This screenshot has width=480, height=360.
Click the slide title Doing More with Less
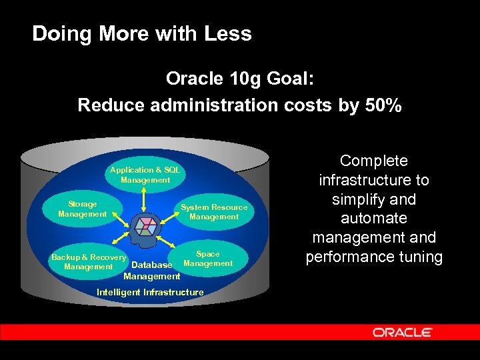click(141, 33)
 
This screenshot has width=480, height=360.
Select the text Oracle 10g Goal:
click(239, 79)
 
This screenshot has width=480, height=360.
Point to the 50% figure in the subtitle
click(383, 105)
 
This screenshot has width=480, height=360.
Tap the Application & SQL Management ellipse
click(145, 175)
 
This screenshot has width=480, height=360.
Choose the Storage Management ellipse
click(83, 209)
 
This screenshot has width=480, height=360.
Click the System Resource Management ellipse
click(213, 212)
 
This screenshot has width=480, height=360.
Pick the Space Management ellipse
click(207, 259)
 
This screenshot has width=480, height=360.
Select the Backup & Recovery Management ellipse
click(88, 262)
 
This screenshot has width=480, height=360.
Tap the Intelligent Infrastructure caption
click(150, 292)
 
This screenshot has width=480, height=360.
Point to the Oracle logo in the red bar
click(402, 332)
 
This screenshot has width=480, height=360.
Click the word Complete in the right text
click(373, 161)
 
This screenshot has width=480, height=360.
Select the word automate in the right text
click(373, 218)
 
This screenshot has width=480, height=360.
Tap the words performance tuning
click(373, 257)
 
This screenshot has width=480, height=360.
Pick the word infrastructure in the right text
click(373, 180)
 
